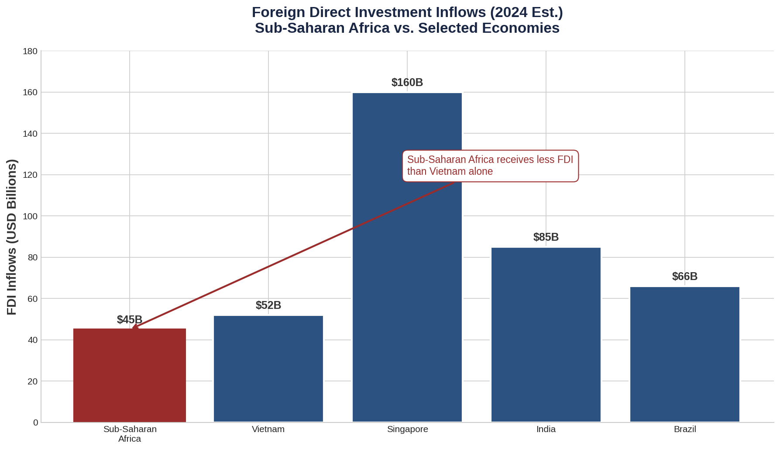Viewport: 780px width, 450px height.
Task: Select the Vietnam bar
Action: click(268, 369)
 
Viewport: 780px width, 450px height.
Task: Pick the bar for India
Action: click(546, 335)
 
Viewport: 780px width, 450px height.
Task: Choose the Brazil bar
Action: click(685, 354)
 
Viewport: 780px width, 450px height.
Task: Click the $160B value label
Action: click(407, 83)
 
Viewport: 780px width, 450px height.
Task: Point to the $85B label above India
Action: click(546, 237)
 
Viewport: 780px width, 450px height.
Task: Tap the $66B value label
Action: click(685, 277)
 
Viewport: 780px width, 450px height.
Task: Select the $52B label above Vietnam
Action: click(268, 305)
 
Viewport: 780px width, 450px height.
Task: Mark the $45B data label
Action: click(130, 320)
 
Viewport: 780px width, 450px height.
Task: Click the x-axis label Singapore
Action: click(408, 429)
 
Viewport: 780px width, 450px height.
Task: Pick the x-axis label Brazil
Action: click(685, 429)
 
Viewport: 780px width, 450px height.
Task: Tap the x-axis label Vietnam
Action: click(268, 429)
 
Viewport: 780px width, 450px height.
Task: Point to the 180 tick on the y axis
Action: click(30, 52)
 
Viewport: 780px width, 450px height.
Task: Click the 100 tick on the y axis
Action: click(30, 216)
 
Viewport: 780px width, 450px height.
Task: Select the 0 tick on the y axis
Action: click(35, 422)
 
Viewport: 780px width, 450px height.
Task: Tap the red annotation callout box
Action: click(490, 166)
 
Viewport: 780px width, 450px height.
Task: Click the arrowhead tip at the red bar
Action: click(133, 327)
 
